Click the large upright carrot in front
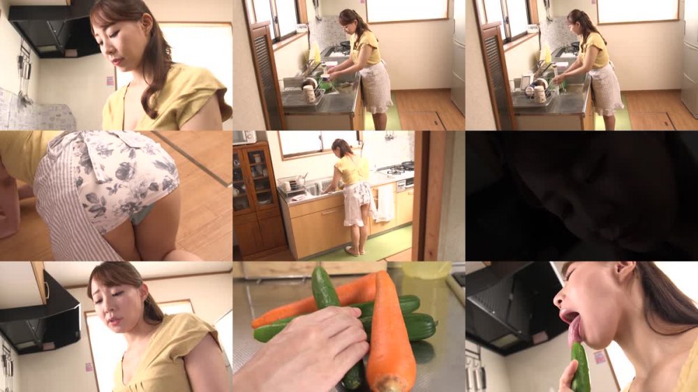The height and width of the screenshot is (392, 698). [x=390, y=335]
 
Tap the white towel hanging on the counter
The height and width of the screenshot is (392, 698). [x=385, y=202]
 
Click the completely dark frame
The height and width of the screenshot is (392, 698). [x=581, y=195]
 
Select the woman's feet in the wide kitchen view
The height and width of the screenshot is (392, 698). [x=356, y=250]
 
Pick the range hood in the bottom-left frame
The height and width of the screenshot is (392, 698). [x=42, y=314]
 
